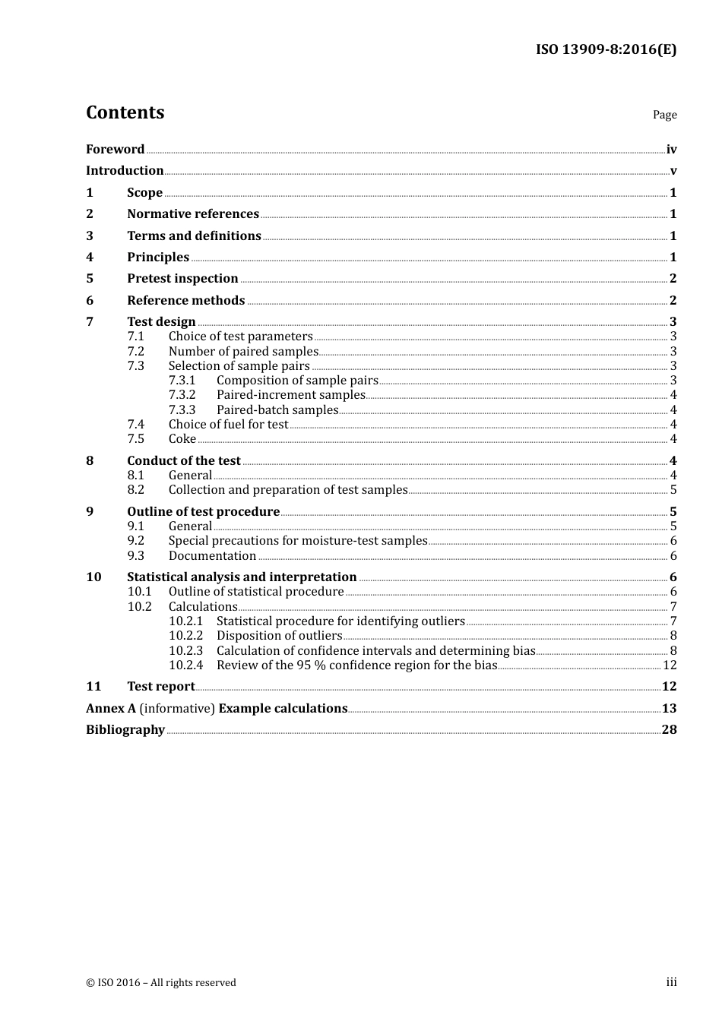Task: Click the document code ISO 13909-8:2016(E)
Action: coord(606,49)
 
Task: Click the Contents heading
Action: coord(125,112)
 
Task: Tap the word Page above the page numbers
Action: coord(664,115)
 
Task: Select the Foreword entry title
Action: coord(115,149)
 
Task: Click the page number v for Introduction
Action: coord(673,171)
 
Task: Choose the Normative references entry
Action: coord(193,214)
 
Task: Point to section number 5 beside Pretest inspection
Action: coord(90,279)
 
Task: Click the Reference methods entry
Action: coord(185,301)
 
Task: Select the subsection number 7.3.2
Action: coord(182,395)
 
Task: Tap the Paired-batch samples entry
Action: coord(277,410)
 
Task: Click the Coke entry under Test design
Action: coord(182,439)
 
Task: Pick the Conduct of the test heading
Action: coord(183,461)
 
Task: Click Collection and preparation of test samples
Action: coord(288,490)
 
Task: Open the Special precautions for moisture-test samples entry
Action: coord(298,541)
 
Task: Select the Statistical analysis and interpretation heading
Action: coord(242,577)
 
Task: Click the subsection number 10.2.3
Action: coord(185,651)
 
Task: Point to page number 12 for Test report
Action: coord(669,687)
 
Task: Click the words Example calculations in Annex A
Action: coord(283,709)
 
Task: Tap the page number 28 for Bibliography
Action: coord(669,730)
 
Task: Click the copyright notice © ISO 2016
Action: coord(161,983)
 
